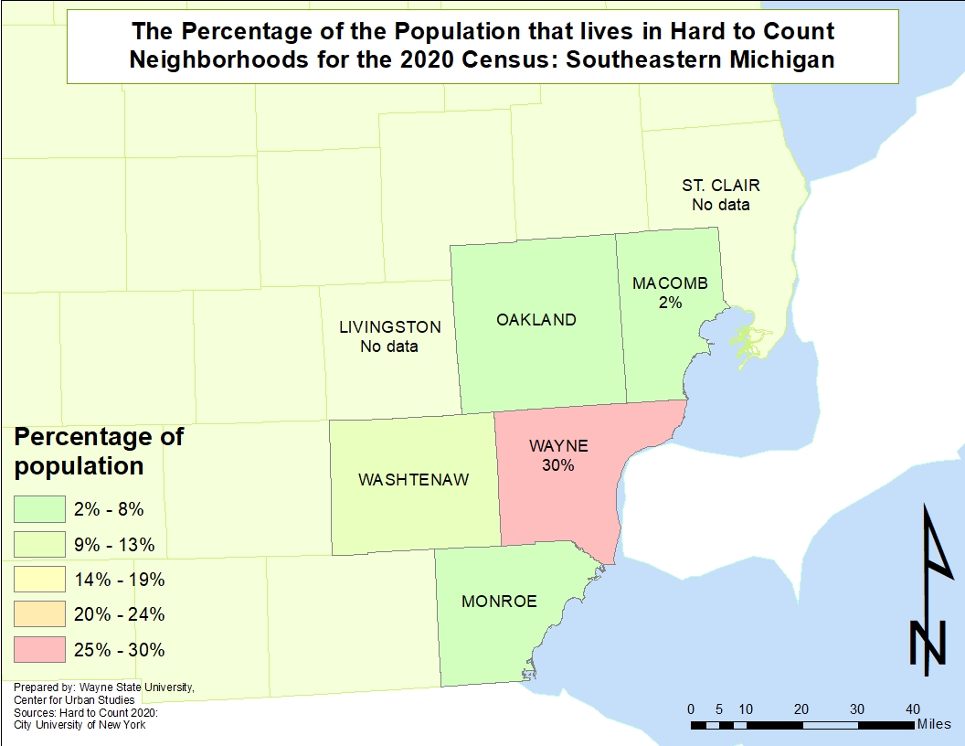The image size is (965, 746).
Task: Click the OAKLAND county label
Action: pos(536,320)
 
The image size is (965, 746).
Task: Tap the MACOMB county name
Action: pos(670,283)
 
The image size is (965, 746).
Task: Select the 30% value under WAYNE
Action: pos(557,465)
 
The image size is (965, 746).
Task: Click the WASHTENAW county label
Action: pos(413,480)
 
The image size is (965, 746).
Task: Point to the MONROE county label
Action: pos(499,602)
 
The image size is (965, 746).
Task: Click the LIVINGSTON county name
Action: pos(389,327)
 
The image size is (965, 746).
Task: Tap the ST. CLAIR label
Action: pos(720,186)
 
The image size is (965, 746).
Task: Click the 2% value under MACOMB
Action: pos(670,303)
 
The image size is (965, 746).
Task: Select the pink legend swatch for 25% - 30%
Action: pos(39,650)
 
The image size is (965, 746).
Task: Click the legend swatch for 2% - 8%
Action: pos(39,509)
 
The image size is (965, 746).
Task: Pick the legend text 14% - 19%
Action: pos(119,580)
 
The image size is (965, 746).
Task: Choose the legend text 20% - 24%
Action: pos(119,614)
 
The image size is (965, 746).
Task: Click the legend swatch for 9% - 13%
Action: pos(39,545)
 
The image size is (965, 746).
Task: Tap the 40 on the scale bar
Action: pos(913,709)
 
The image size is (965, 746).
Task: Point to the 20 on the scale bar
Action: pos(801,709)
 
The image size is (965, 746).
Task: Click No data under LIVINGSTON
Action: pos(389,346)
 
